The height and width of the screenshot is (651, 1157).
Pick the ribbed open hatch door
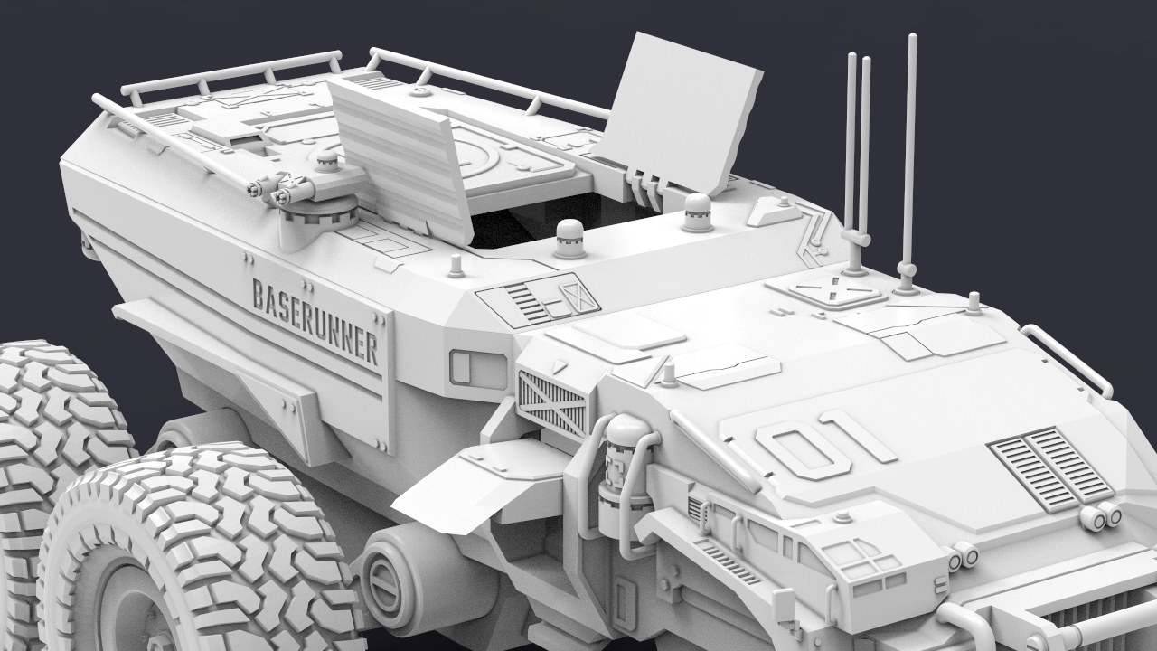[x=400, y=160]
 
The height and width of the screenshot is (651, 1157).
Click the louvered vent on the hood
[x=1051, y=468]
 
